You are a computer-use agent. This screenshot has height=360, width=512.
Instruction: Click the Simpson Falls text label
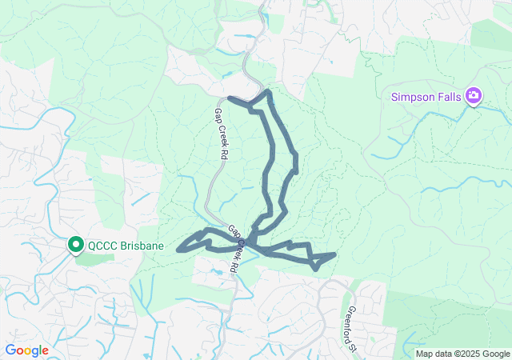tap(426, 97)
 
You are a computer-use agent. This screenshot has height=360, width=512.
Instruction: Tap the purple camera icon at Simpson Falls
tap(474, 96)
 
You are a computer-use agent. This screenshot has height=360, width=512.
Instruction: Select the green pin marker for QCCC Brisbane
tap(76, 245)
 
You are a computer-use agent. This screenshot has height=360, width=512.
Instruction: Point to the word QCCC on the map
tap(104, 246)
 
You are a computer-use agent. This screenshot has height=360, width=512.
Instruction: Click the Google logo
tap(26, 350)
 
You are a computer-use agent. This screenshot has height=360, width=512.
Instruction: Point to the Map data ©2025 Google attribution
tap(462, 354)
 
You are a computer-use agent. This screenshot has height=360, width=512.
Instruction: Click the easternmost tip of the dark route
tap(334, 254)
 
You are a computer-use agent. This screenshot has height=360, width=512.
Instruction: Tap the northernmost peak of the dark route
tap(268, 93)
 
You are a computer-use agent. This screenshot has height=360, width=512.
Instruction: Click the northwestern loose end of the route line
tap(230, 98)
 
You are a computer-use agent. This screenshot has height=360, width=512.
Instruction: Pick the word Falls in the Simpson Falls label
tap(449, 97)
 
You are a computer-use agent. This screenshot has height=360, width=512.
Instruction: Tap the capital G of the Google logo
tap(10, 350)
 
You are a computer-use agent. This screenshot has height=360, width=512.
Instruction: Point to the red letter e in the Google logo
tap(45, 351)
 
